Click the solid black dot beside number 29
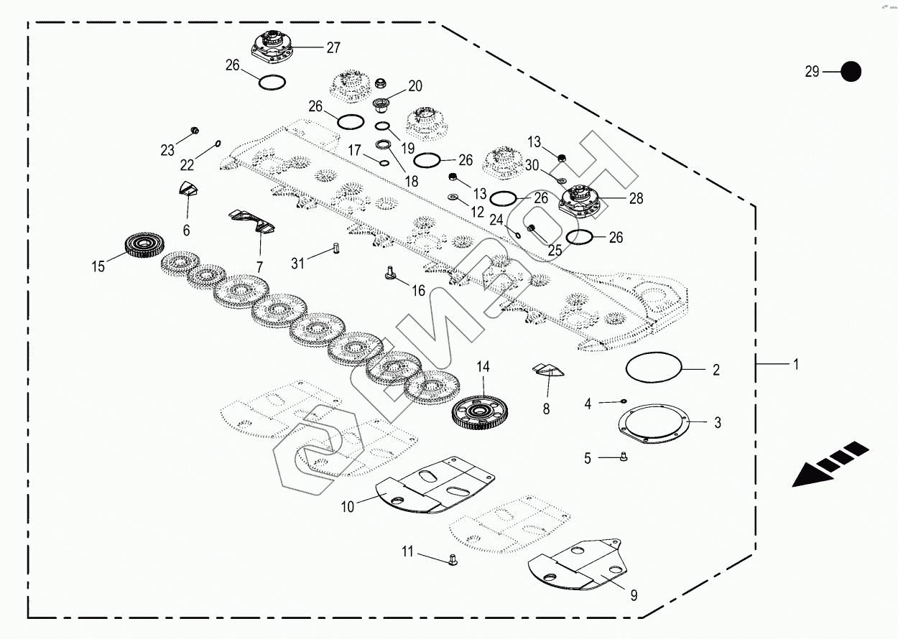tap(851, 71)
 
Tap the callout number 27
tap(333, 48)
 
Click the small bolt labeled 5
tap(624, 457)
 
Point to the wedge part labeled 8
tap(550, 370)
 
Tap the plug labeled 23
tap(193, 131)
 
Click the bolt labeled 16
tap(390, 273)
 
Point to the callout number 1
tap(795, 365)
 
